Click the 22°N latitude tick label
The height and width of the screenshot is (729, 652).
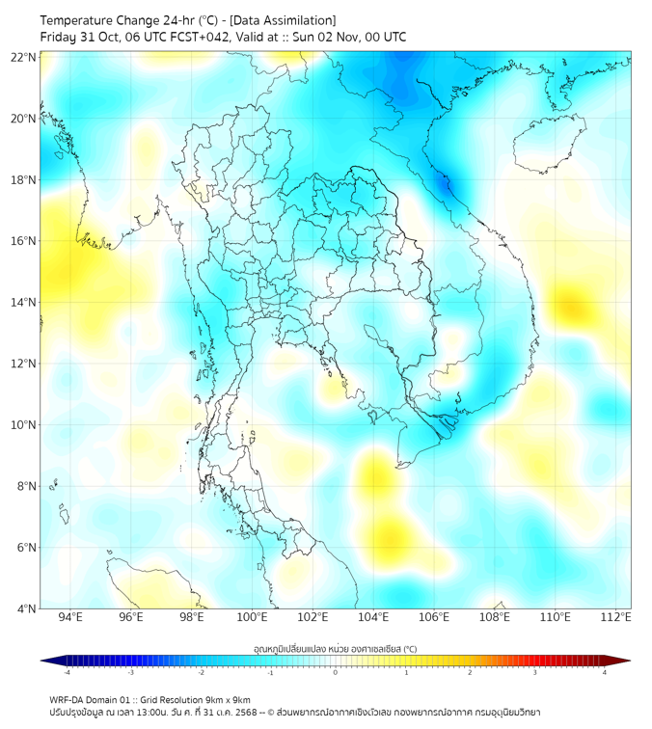click(x=24, y=57)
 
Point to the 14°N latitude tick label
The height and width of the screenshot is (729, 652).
click(x=24, y=302)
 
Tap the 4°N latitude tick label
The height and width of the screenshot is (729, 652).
click(x=27, y=608)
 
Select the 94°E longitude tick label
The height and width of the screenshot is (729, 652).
click(x=70, y=617)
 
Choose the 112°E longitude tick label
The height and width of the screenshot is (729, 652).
click(x=615, y=617)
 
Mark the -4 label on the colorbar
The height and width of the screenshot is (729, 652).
click(x=66, y=672)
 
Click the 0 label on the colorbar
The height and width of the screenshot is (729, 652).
click(x=336, y=672)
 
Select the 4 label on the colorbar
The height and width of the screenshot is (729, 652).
click(x=604, y=672)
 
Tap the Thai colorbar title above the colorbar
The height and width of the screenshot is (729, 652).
click(x=335, y=649)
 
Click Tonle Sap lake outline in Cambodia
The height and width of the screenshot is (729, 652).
click(x=384, y=337)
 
